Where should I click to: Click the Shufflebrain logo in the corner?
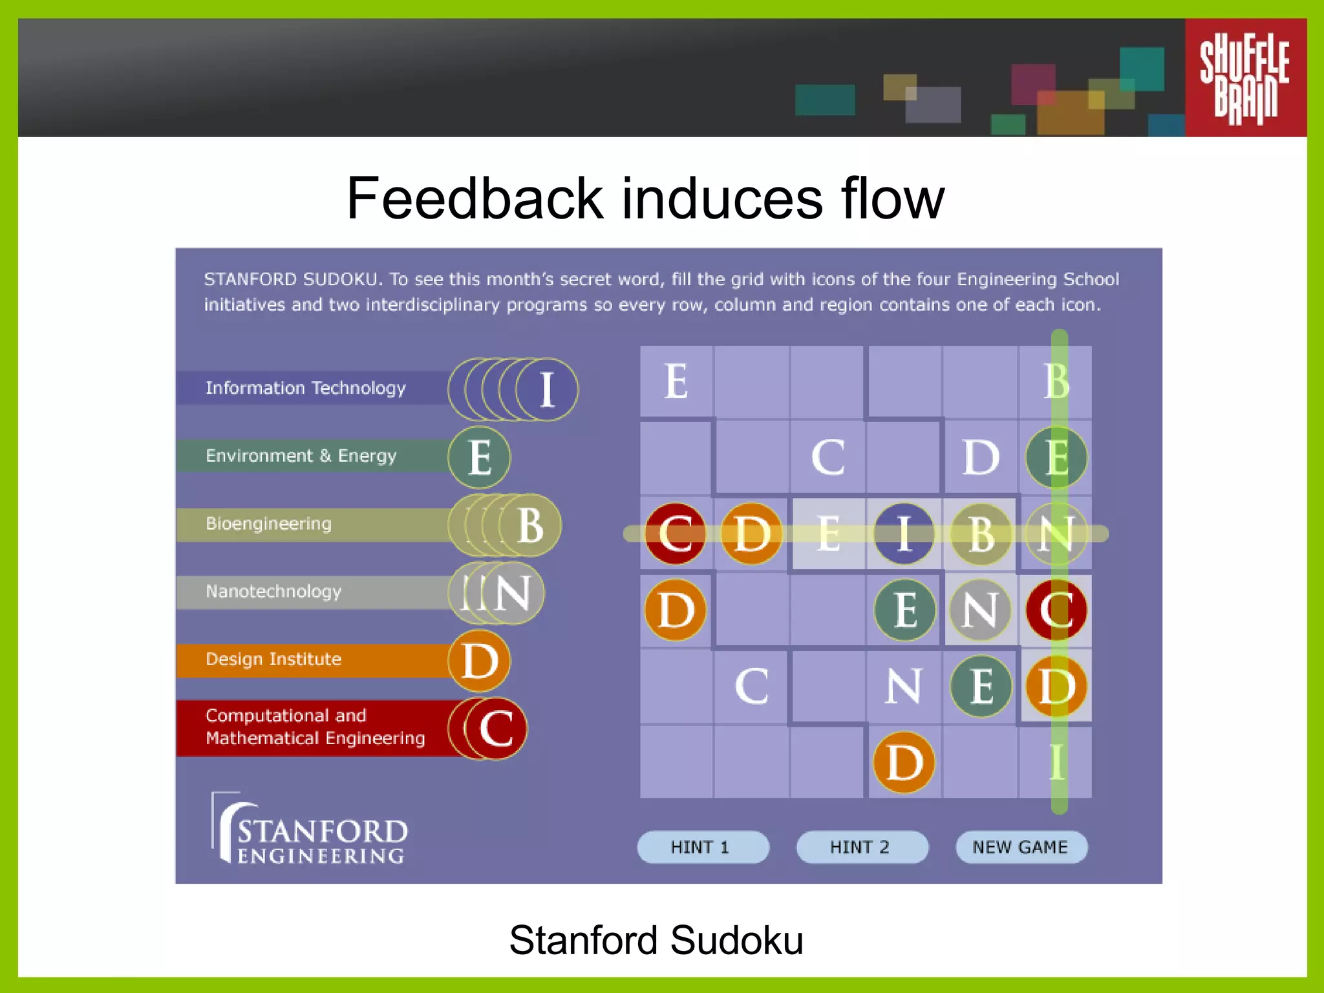(1244, 78)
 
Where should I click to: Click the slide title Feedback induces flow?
(645, 198)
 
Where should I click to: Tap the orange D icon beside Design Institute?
(479, 661)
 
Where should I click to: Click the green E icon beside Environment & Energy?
(479, 457)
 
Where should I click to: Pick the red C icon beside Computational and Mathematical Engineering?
(496, 729)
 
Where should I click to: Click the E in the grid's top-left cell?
(676, 381)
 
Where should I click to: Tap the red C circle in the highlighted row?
(675, 534)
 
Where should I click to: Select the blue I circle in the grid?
(904, 534)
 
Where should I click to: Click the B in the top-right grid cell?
(1056, 381)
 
